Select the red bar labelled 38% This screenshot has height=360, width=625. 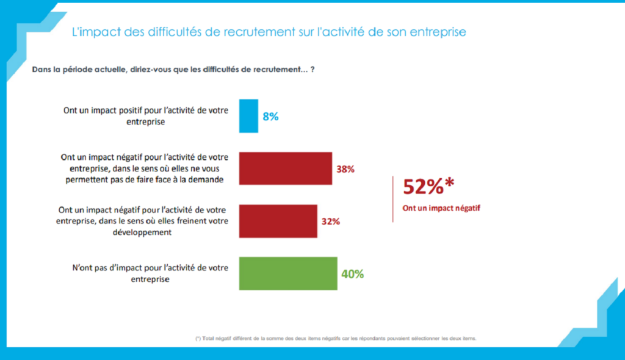coord(285,168)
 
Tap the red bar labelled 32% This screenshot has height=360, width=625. coord(278,221)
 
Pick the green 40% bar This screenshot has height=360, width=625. coord(287,273)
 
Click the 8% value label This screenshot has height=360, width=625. coord(270,116)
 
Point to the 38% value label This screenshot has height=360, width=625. coord(345,169)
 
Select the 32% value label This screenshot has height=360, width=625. coord(330,221)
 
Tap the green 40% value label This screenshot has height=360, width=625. coord(352,274)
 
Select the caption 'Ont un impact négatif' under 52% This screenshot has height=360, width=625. coord(441,208)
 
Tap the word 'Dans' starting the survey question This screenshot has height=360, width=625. coord(41,70)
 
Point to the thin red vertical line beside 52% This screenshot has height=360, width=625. coord(392,198)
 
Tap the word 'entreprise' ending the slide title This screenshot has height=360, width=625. coord(437,32)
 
